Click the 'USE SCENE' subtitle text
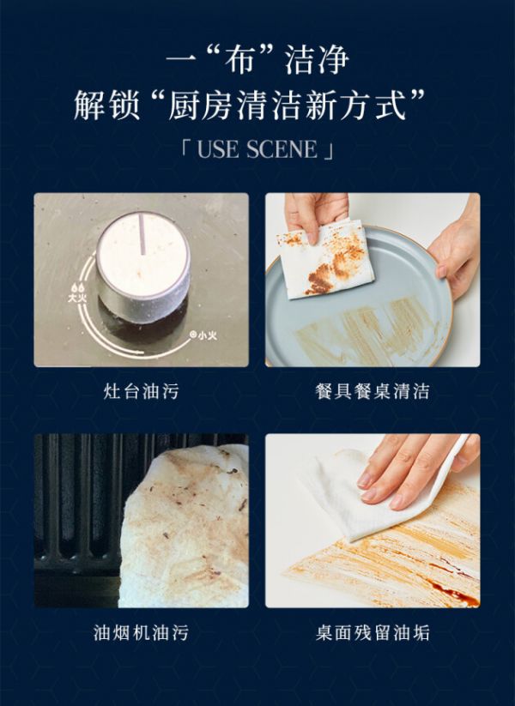click(257, 149)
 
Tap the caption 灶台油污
click(141, 391)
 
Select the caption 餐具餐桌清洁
click(373, 391)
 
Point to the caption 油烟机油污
click(141, 632)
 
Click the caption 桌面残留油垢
click(373, 632)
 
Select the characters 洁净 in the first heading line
click(318, 60)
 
